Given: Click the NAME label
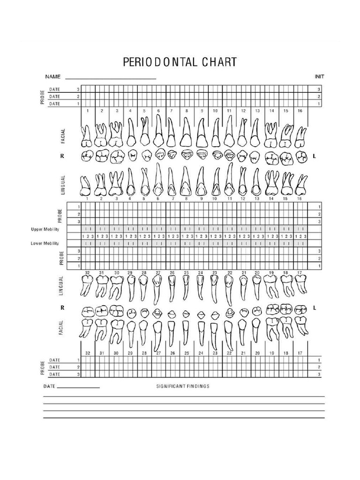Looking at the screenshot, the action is pyautogui.click(x=53, y=76).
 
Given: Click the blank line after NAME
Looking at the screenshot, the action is pyautogui.click(x=111, y=78).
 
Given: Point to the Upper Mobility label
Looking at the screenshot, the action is pyautogui.click(x=45, y=229).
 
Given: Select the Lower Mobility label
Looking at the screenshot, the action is pyautogui.click(x=45, y=243).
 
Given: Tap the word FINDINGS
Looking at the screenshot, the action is pyautogui.click(x=199, y=387).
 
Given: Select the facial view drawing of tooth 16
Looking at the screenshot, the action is pyautogui.click(x=301, y=136).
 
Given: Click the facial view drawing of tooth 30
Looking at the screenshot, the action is pyautogui.click(x=115, y=330).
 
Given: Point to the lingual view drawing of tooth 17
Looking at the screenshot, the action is pyautogui.click(x=300, y=284).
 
